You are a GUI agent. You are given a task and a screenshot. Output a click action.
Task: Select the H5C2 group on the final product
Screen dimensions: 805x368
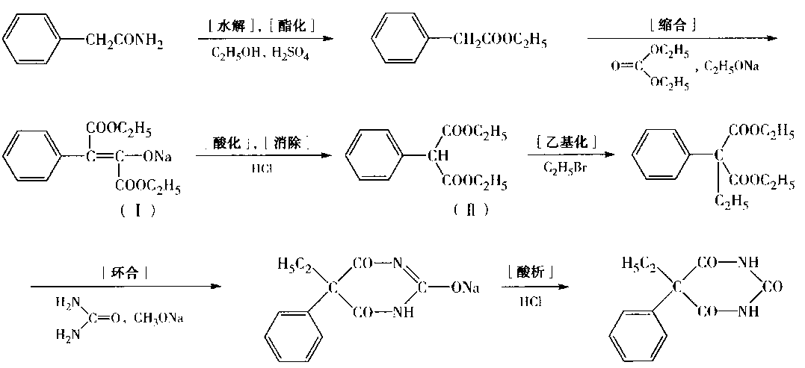pyautogui.click(x=638, y=263)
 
